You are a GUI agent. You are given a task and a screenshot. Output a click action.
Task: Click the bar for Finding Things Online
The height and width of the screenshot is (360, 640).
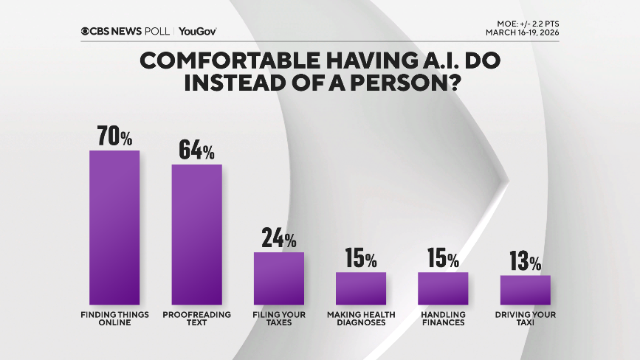pos(114,227)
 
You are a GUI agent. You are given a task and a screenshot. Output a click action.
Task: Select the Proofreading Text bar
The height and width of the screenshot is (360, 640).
pos(196,235)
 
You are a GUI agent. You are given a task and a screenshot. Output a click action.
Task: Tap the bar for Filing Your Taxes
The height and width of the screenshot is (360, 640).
pos(279,278)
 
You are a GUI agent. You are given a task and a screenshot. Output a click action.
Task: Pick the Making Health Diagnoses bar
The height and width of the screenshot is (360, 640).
pos(361,288)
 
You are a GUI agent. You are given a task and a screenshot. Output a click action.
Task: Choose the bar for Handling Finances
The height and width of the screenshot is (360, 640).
pos(443,288)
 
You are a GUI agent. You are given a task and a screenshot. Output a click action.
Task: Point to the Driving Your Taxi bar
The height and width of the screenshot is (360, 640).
pos(525,290)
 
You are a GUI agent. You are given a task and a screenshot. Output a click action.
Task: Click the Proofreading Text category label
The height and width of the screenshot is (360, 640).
pos(196,318)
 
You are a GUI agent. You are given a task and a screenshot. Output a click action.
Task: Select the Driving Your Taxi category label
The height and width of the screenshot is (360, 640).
pos(525,318)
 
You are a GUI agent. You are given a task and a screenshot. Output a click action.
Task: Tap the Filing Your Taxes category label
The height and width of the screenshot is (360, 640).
pos(279,318)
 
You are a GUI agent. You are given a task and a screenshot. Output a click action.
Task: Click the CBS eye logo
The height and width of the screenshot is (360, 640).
pos(86,31)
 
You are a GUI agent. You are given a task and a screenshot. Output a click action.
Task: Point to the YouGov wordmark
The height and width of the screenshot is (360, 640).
pos(197,31)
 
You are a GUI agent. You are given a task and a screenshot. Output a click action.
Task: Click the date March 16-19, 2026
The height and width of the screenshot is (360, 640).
pos(522,32)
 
